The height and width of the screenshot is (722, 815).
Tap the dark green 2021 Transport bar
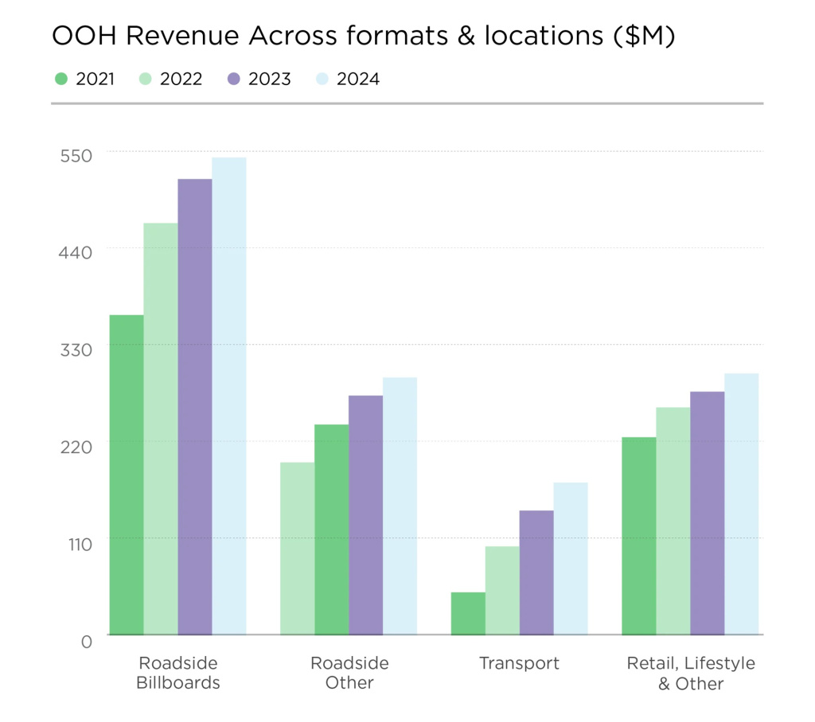[468, 613]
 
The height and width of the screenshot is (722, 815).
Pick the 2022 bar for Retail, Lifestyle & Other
[673, 521]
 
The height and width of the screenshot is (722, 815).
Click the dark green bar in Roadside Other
[331, 530]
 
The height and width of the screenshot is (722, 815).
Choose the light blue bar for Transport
[570, 558]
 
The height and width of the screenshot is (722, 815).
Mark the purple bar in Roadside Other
[365, 515]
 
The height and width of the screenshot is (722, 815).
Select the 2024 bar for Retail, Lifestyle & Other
[741, 504]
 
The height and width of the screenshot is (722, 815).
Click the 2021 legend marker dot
[61, 79]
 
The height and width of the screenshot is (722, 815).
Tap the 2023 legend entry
[259, 79]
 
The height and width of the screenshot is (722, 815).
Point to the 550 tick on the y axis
[76, 154]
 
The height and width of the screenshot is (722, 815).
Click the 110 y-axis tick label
[78, 542]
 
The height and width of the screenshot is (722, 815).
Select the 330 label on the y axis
[76, 348]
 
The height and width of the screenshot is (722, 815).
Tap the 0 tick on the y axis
[87, 640]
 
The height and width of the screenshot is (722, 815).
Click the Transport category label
[519, 663]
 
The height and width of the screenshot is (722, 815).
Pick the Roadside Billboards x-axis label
[178, 673]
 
